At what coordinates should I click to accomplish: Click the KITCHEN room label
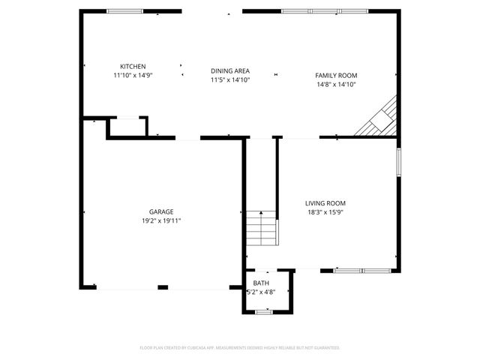tap(133, 66)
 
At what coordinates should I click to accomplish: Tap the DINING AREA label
tap(229, 70)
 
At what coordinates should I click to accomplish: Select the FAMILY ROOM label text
tap(335, 76)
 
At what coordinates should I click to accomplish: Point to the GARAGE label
tap(161, 212)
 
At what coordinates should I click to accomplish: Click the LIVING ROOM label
tap(325, 203)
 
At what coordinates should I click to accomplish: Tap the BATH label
tap(261, 283)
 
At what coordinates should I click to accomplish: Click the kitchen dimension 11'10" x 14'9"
tap(133, 75)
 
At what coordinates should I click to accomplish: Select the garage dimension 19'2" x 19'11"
tap(161, 221)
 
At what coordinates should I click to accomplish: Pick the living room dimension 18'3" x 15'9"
tap(325, 212)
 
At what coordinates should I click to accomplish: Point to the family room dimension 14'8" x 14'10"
tap(335, 85)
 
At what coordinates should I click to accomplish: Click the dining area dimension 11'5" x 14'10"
tap(229, 79)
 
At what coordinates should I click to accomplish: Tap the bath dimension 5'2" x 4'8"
tap(261, 292)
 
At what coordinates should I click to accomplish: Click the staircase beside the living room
tap(261, 229)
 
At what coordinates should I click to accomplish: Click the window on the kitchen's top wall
tap(124, 11)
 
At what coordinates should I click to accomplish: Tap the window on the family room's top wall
tap(325, 11)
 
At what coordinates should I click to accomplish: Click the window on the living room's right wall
tap(398, 162)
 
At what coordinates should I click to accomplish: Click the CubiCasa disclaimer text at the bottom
tap(240, 348)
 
